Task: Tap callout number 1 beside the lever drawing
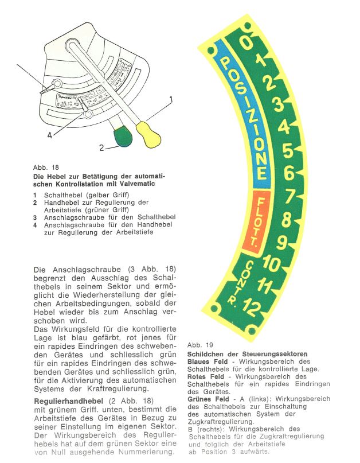tap(171, 99)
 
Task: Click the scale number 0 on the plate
tap(245, 42)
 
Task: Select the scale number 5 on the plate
tap(287, 150)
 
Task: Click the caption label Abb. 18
tap(46, 168)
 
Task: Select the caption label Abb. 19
tap(200, 345)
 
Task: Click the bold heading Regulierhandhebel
tap(68, 399)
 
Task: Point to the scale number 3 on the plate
tap(278, 104)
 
